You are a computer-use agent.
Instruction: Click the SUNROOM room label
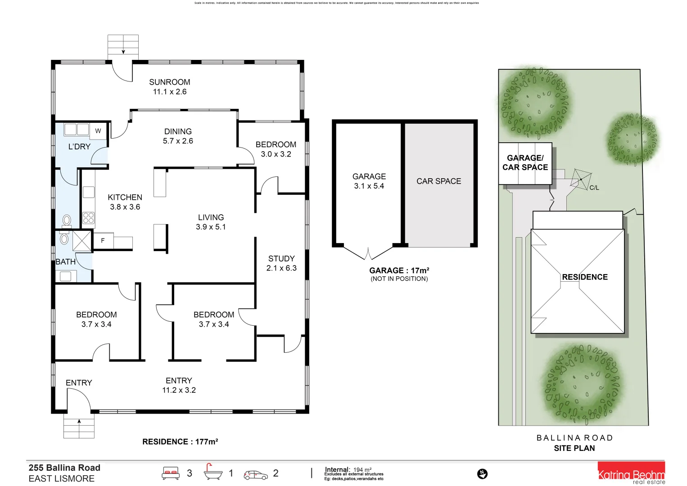(169, 87)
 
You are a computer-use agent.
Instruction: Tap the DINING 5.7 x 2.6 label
(178, 136)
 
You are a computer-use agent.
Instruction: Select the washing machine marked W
(98, 131)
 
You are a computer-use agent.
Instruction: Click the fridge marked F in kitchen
(103, 241)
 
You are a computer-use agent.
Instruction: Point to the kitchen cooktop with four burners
(89, 218)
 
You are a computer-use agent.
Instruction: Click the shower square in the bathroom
(82, 240)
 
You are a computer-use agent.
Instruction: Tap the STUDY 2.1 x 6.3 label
(281, 263)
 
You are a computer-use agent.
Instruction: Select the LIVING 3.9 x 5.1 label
(211, 222)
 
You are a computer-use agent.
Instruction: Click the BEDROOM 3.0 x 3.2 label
(276, 149)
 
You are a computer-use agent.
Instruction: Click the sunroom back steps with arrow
(123, 45)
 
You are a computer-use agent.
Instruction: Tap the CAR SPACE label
(438, 181)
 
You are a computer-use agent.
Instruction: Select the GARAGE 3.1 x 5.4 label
(369, 181)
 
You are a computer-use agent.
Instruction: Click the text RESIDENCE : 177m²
(180, 442)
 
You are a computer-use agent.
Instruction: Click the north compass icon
(482, 474)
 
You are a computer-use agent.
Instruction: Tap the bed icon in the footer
(171, 473)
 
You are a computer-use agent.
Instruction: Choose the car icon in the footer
(255, 475)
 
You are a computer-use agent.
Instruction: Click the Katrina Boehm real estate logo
(631, 473)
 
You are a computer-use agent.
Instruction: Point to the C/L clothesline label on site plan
(594, 188)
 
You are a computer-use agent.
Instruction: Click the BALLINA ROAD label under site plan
(574, 438)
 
